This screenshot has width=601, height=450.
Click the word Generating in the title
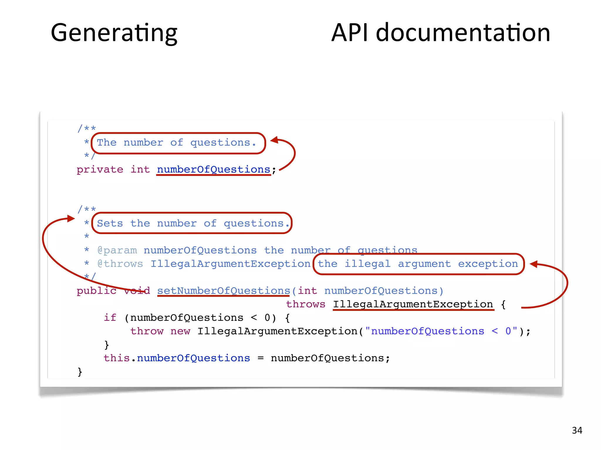click(114, 33)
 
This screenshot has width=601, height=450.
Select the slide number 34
click(577, 430)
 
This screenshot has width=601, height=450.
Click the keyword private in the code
click(100, 170)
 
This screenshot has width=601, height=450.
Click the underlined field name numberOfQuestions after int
click(213, 170)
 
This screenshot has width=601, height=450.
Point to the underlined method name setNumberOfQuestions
click(223, 291)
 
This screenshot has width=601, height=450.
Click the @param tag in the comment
click(117, 250)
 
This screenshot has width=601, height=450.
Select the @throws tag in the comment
click(120, 264)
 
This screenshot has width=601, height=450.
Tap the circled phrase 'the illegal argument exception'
click(418, 264)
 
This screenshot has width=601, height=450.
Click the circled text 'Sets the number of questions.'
click(192, 224)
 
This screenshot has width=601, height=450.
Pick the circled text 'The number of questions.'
click(177, 143)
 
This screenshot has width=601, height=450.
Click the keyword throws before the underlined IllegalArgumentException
click(305, 304)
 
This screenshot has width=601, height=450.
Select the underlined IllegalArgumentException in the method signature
click(413, 304)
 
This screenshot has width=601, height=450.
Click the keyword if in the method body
click(110, 318)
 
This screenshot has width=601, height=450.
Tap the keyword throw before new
click(147, 331)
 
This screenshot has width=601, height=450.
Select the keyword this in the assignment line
click(117, 358)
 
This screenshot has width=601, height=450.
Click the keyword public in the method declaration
click(96, 291)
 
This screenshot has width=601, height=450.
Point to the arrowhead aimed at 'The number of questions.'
click(274, 140)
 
